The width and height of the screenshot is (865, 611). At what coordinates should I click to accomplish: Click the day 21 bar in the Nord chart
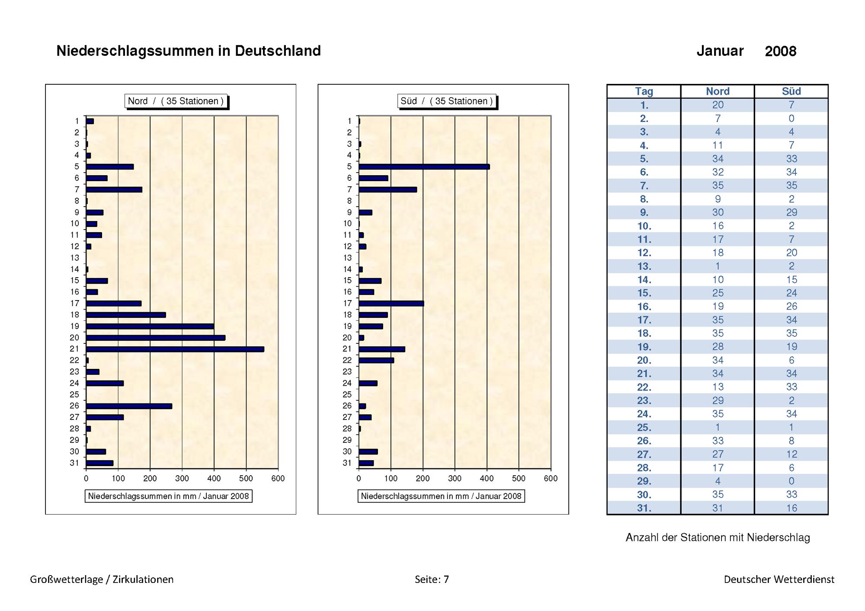click(x=175, y=349)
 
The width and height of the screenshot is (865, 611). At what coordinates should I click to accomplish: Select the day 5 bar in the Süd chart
click(x=424, y=166)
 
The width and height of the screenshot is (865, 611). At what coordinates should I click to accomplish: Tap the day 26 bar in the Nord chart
click(x=129, y=406)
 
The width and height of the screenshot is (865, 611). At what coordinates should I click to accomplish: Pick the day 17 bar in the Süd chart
click(x=391, y=304)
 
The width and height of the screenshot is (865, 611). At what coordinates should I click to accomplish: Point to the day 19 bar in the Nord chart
click(x=150, y=326)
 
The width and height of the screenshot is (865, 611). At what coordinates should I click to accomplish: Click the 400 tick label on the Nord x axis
click(x=214, y=479)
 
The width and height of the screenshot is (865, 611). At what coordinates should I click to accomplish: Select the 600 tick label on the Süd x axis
click(x=551, y=479)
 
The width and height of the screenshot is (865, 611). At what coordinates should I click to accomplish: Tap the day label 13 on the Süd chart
click(x=347, y=258)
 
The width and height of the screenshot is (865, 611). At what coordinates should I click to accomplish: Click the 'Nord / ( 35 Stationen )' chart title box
click(x=176, y=101)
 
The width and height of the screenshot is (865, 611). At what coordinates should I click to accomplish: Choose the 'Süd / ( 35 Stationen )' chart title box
click(x=447, y=101)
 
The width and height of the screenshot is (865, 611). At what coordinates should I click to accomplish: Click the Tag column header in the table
click(x=644, y=91)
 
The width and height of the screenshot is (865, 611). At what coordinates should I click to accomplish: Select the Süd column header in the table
click(x=791, y=91)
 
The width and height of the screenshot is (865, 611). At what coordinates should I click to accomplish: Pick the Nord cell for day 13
click(x=718, y=266)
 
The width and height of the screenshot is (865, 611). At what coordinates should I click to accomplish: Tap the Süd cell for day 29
click(x=791, y=481)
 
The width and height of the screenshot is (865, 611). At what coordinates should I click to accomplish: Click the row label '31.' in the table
click(x=644, y=508)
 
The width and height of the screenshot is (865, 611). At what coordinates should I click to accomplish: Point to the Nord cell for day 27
click(x=718, y=454)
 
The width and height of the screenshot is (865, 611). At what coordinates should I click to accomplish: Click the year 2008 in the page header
click(x=781, y=51)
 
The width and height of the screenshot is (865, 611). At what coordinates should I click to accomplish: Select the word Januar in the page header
click(x=720, y=51)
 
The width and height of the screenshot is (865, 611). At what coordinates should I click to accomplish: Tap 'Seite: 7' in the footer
click(x=432, y=579)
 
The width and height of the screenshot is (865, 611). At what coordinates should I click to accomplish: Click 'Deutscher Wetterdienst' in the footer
click(x=779, y=579)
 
